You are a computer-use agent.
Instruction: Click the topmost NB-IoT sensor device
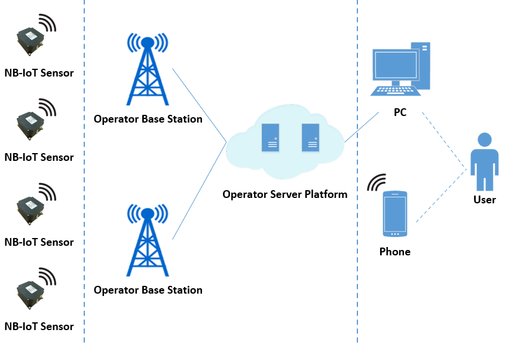point(30,42)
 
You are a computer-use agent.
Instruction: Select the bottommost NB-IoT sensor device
point(30,294)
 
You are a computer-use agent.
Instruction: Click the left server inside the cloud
point(271,137)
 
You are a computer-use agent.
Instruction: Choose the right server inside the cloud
point(310,137)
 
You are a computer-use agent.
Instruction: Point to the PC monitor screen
point(394,66)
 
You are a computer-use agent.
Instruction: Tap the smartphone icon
point(395,214)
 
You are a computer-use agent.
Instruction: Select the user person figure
point(483,161)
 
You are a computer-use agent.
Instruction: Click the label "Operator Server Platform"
point(284,194)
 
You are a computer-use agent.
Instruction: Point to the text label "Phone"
point(395,252)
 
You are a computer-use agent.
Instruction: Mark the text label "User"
point(484,200)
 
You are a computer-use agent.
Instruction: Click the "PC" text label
point(400,112)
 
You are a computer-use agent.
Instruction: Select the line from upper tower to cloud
point(199,105)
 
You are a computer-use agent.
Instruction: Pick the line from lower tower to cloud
point(199,191)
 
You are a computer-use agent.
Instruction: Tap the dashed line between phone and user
point(441,196)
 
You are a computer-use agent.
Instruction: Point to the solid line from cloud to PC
point(362,126)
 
